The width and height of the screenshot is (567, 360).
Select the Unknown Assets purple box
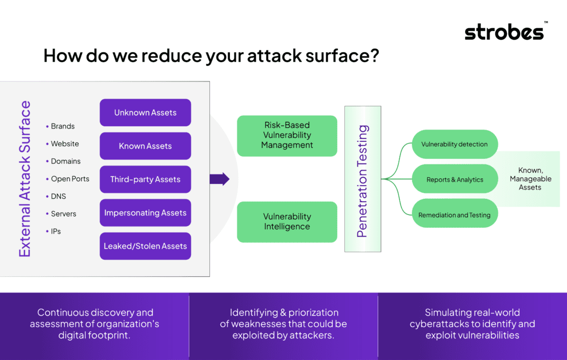pos(146,112)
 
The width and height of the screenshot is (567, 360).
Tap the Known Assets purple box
pos(146,146)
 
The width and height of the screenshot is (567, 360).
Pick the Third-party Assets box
pos(146,179)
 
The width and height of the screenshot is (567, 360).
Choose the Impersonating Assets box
pos(146,213)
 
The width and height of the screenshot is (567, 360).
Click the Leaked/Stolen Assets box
pos(146,246)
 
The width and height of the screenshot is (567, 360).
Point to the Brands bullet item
pos(60,126)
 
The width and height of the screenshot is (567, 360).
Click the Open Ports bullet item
pos(68,179)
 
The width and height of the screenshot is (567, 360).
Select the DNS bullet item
pos(56,196)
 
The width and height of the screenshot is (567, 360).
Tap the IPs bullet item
pos(54,231)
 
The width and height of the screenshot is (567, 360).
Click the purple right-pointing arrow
pos(219,179)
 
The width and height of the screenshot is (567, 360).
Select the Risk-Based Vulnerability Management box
pos(287,136)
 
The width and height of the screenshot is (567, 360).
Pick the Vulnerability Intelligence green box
pos(287,222)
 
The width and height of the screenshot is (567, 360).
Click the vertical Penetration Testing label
pos(362,181)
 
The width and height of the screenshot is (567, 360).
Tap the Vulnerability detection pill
pos(455,144)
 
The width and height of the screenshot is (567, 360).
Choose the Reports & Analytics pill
pos(455,179)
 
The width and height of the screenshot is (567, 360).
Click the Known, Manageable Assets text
pos(530,179)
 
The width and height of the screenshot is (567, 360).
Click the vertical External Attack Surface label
pos(24,179)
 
